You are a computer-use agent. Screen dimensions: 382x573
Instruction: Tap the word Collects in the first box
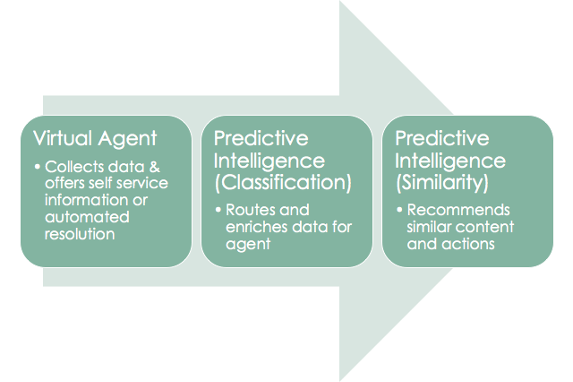70,167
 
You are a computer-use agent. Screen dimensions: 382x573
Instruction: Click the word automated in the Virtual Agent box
85,217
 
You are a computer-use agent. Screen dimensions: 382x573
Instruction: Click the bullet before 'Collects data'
36,167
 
